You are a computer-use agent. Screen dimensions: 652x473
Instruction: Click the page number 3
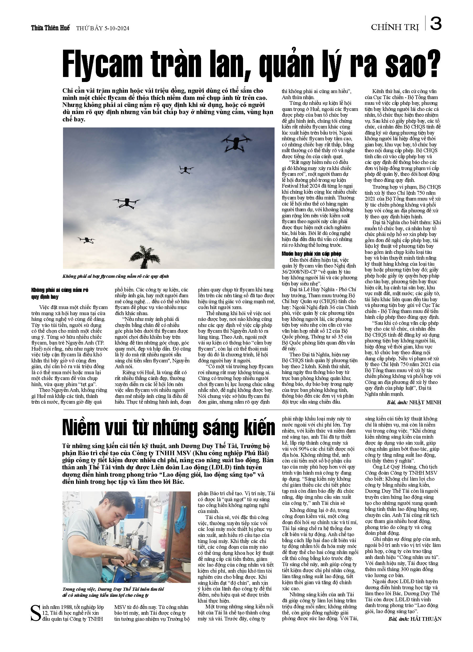tap(436, 24)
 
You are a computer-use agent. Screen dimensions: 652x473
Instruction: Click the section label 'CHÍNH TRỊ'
tap(395, 27)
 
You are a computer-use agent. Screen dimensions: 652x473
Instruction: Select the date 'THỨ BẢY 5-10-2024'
tap(103, 28)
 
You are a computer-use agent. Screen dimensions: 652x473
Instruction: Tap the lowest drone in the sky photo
tap(86, 240)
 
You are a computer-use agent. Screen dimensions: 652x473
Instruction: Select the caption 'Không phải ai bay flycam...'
tap(115, 276)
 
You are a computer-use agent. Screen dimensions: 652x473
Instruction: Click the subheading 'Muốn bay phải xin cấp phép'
tap(311, 254)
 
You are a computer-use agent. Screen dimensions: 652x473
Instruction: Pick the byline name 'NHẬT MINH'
tap(425, 402)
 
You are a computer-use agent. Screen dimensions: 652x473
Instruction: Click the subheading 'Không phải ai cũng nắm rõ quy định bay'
tap(60, 293)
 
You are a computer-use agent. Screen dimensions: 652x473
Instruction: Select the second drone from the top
tap(186, 169)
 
